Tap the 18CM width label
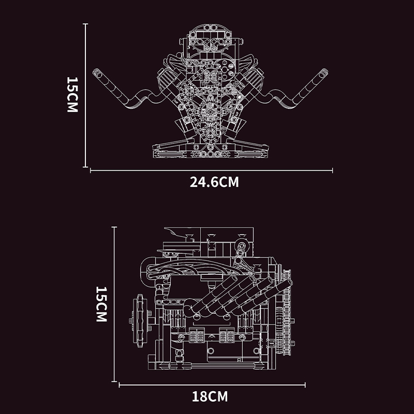click(x=210, y=397)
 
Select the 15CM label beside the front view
click(x=72, y=96)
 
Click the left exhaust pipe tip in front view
click(x=96, y=73)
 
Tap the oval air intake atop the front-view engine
click(x=211, y=36)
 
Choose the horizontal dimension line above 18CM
click(x=212, y=385)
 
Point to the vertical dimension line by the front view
click(x=85, y=95)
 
